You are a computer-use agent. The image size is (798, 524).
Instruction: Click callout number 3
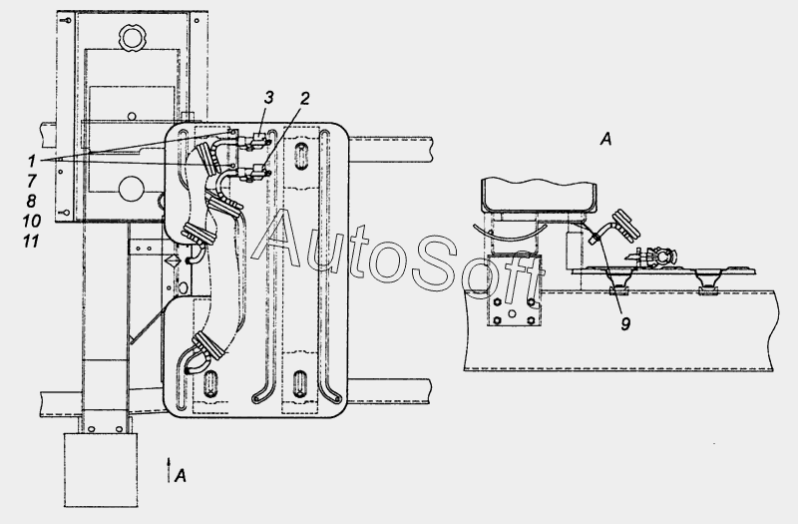coord(269,97)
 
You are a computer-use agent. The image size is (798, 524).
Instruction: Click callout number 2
coord(304,98)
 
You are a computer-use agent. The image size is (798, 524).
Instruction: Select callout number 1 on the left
coord(32,161)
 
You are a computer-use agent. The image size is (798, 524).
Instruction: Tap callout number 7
coord(31,181)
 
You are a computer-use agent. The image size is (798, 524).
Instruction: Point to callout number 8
coord(31,201)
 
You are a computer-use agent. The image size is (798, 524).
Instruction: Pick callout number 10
coord(31,221)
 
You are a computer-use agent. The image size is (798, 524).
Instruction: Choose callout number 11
coord(31,241)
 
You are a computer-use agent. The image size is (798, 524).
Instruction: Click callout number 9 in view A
coord(625,323)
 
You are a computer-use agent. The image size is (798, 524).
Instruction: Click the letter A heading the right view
coord(605,139)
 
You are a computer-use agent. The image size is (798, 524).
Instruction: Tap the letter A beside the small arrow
coord(181,476)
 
